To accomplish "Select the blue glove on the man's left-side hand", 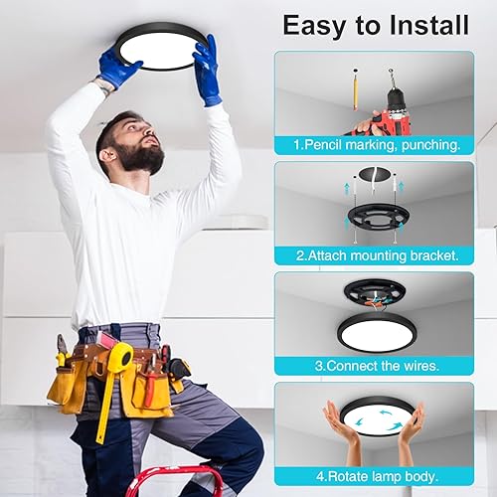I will pos(119,68).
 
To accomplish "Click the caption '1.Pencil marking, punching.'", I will pos(376,145).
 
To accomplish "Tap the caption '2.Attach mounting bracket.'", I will pos(376,255).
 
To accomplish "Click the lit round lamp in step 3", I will pos(375,332).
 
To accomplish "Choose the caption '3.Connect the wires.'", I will pos(376,365).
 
